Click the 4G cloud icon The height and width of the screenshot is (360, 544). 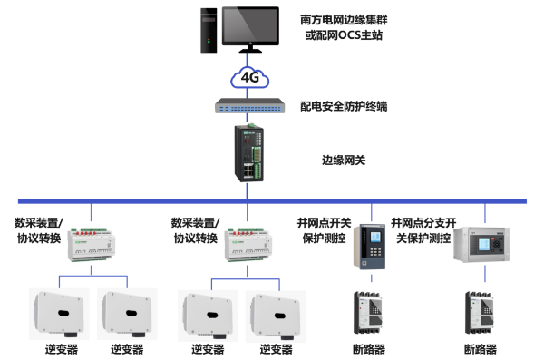click(249, 77)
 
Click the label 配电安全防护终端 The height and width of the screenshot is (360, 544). click(344, 106)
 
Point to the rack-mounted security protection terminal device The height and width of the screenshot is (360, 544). click(251, 106)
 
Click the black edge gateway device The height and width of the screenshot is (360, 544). click(248, 151)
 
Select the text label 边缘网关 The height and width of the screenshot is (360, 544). click(344, 161)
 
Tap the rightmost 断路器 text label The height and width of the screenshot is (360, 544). click(481, 349)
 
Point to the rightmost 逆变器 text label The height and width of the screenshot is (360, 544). click(277, 349)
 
